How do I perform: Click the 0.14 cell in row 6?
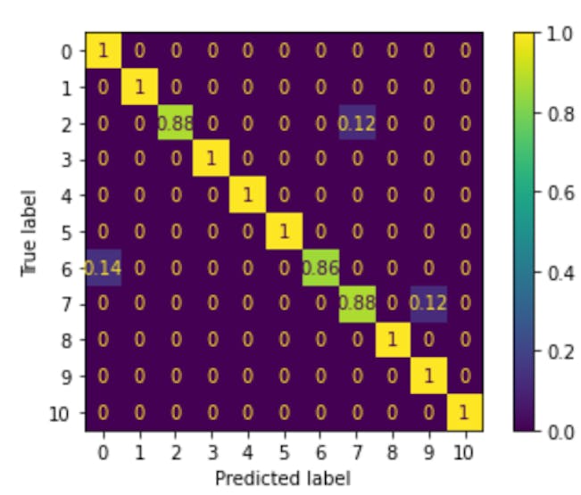(104, 268)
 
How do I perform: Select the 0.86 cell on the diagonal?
(320, 268)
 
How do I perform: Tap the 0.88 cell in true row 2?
(176, 123)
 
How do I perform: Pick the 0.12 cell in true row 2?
(356, 123)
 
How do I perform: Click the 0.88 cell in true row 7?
(356, 304)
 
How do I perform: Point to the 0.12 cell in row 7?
(428, 304)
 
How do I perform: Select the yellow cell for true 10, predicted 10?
(464, 413)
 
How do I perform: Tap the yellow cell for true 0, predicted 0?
(104, 51)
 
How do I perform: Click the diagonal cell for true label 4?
(248, 195)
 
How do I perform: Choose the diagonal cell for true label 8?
(392, 341)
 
